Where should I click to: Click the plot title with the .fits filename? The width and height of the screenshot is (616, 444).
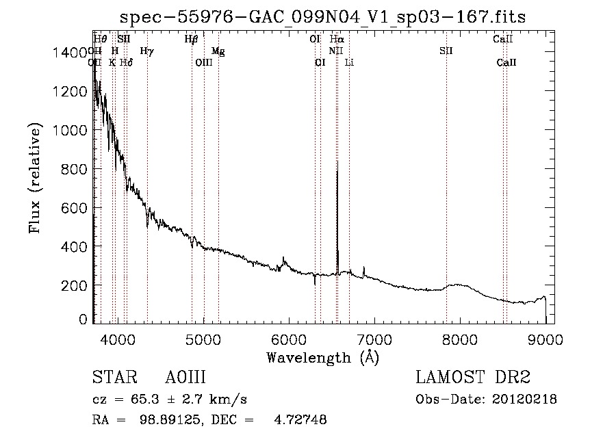click(x=322, y=16)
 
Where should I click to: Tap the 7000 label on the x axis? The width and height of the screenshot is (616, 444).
click(x=374, y=337)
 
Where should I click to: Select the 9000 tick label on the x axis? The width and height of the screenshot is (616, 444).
click(x=546, y=337)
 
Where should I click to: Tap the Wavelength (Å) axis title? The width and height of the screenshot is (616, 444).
click(x=322, y=356)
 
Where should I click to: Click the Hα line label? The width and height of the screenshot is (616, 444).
click(x=337, y=40)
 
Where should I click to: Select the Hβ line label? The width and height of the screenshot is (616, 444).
click(x=191, y=40)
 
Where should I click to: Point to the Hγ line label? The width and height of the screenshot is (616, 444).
click(x=146, y=51)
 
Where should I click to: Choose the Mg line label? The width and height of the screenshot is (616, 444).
click(x=218, y=51)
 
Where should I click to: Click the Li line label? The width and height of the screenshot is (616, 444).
click(x=349, y=62)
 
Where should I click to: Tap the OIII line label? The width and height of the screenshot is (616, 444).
click(x=204, y=62)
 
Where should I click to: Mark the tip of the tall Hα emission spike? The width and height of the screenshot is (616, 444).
click(x=337, y=170)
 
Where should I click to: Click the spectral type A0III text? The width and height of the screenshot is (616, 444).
click(x=185, y=377)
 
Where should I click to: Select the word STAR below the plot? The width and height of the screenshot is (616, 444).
click(x=114, y=377)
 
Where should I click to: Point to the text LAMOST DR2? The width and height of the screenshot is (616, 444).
click(x=473, y=377)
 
